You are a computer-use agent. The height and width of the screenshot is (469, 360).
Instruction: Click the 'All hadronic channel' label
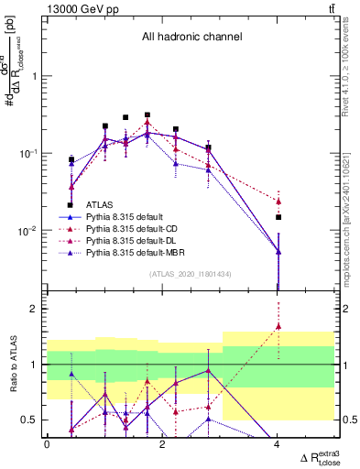(x=191, y=38)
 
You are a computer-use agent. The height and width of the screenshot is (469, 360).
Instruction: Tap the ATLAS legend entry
(x=100, y=205)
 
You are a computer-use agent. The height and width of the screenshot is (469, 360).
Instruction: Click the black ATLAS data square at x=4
(x=278, y=217)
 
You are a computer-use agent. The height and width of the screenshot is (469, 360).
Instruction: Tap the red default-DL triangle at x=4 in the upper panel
(x=278, y=201)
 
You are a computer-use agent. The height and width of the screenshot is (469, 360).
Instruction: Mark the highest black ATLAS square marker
(x=147, y=115)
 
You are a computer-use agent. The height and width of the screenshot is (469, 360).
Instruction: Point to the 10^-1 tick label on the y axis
(x=30, y=153)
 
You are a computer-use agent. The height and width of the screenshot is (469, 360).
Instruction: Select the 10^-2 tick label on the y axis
(x=30, y=231)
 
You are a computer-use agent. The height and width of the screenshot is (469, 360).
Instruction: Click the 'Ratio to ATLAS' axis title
(x=13, y=364)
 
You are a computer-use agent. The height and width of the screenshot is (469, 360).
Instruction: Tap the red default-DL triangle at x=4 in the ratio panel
(x=278, y=326)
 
